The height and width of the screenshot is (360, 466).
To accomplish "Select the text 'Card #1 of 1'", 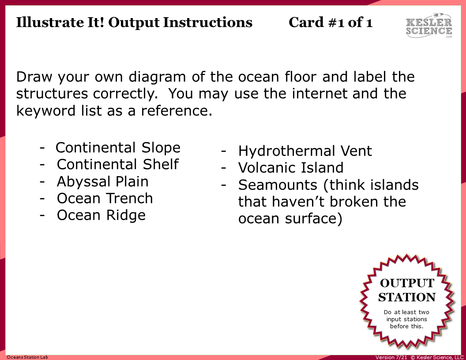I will pos(331,22).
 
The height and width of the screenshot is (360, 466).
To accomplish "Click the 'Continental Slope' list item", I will pos(118,147).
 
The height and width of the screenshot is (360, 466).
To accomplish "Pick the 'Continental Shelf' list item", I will pos(118,164).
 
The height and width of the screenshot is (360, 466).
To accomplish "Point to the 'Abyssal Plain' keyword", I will pos(103,181).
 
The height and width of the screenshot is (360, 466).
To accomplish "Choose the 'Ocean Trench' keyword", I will pos(105,198).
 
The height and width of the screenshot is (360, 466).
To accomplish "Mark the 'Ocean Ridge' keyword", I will pos(101,215).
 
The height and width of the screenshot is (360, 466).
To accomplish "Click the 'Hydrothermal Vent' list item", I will pos(305,151).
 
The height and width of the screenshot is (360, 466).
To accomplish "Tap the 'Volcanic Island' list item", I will pos(291,168).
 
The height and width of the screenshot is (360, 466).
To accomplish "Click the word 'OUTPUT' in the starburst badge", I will pos(407,283).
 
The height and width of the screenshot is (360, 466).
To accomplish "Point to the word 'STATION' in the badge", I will pos(407,297).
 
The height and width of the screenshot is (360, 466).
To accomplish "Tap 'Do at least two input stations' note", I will pos(406,319).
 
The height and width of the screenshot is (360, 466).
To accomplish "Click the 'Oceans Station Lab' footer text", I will pos(27,357).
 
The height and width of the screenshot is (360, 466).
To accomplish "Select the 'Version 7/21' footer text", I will pos(391,357).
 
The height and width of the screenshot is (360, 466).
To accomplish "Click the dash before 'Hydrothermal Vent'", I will pos(224,151).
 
